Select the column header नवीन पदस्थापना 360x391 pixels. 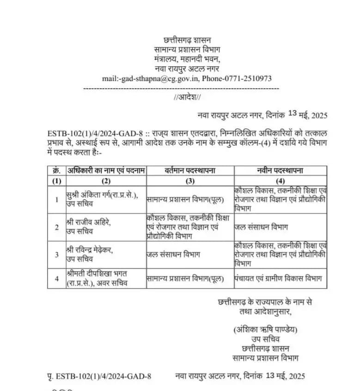(281, 170)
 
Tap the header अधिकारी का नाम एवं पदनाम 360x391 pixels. (106, 170)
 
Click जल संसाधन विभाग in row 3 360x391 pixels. (173, 254)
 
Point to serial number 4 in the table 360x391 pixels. (56, 279)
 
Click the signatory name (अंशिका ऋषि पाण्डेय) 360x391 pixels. (265, 330)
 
